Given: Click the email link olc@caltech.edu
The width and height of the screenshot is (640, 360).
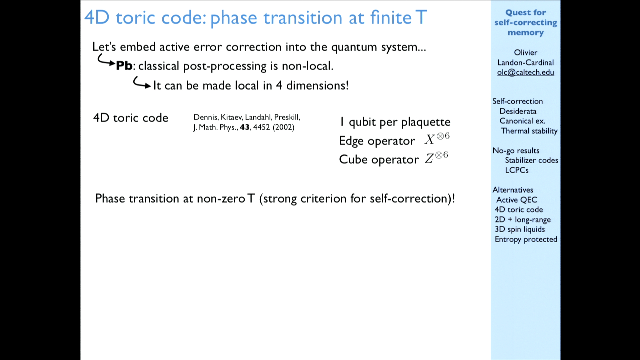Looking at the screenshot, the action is (x=525, y=72).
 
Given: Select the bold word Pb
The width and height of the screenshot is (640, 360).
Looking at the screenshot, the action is (x=124, y=66).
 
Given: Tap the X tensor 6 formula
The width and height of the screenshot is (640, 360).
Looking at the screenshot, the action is (x=437, y=139).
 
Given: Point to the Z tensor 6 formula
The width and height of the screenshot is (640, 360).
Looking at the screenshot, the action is (x=436, y=157).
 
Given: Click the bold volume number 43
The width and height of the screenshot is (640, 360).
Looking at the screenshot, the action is (x=245, y=127).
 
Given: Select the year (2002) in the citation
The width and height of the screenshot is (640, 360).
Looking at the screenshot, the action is (x=283, y=127).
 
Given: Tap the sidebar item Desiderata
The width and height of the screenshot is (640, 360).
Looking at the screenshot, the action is (x=518, y=111).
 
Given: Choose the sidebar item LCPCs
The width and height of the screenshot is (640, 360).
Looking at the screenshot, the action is (x=517, y=170).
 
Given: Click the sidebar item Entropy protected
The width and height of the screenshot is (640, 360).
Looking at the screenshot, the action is (x=526, y=239).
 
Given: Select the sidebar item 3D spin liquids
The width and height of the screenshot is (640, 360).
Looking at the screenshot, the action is (x=520, y=229).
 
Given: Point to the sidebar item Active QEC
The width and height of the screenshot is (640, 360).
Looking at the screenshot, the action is (x=517, y=200).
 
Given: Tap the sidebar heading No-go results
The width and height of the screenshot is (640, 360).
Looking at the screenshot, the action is (x=516, y=151).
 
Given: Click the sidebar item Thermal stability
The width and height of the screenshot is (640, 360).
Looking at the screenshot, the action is (x=529, y=131).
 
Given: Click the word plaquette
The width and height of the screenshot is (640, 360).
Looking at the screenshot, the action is (x=426, y=122).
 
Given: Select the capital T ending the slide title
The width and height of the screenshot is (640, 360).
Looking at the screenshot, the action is (x=421, y=17).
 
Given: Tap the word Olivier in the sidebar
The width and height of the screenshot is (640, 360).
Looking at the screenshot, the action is (x=526, y=53).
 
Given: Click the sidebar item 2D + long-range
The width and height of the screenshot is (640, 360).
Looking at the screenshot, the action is (x=523, y=220).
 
